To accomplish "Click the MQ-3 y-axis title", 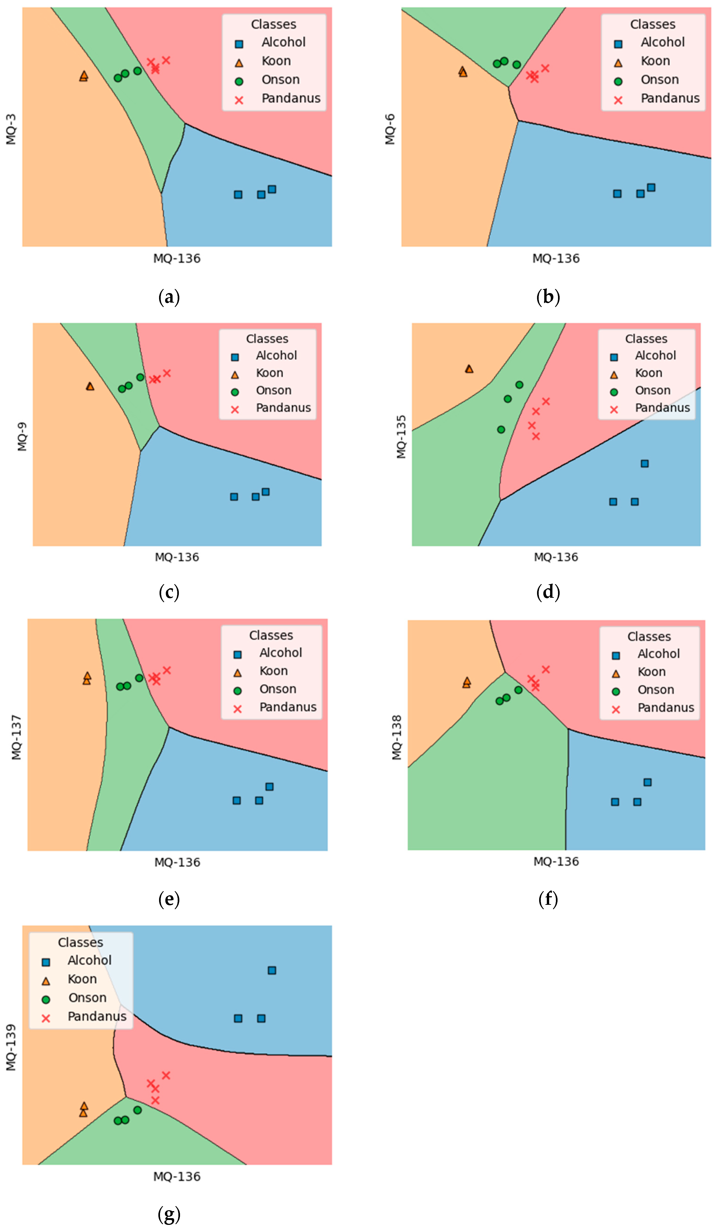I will click(x=11, y=129).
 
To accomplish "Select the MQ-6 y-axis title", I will click(x=390, y=129).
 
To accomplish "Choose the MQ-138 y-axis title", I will click(x=397, y=737).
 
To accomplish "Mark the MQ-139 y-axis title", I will click(x=11, y=1047).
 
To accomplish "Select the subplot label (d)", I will click(x=548, y=592).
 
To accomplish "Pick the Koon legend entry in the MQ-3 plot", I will click(x=276, y=61).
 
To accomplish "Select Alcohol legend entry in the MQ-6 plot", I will click(x=662, y=42).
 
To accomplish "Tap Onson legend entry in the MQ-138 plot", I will click(x=656, y=690).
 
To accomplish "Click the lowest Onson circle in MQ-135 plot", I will click(x=501, y=429).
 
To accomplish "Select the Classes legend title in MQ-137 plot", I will click(x=271, y=635).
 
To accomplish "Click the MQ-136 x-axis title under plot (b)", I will click(x=556, y=258).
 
